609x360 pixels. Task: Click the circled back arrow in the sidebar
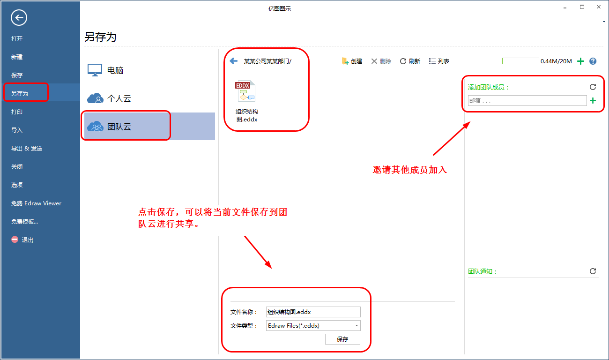pos(19,18)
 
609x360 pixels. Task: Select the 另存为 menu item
pos(20,93)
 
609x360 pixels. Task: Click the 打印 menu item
pos(17,112)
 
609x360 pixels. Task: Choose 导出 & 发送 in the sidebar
pos(27,148)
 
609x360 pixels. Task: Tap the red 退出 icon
pos(15,240)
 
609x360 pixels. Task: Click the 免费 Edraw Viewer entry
pos(36,203)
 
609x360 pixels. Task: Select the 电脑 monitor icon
pos(95,70)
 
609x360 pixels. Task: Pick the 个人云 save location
pos(119,98)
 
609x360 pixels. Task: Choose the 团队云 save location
pos(119,127)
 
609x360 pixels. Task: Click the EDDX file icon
pos(245,91)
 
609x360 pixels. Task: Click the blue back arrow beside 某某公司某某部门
pos(234,61)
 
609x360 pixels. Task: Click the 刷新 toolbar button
pos(410,61)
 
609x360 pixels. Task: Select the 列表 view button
pos(439,61)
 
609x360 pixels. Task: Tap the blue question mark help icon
pos(593,61)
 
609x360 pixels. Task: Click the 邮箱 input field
pos(527,101)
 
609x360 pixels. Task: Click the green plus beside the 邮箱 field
pos(593,101)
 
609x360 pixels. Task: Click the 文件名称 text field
pos(313,312)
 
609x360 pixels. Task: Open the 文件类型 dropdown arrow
pos(356,325)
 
